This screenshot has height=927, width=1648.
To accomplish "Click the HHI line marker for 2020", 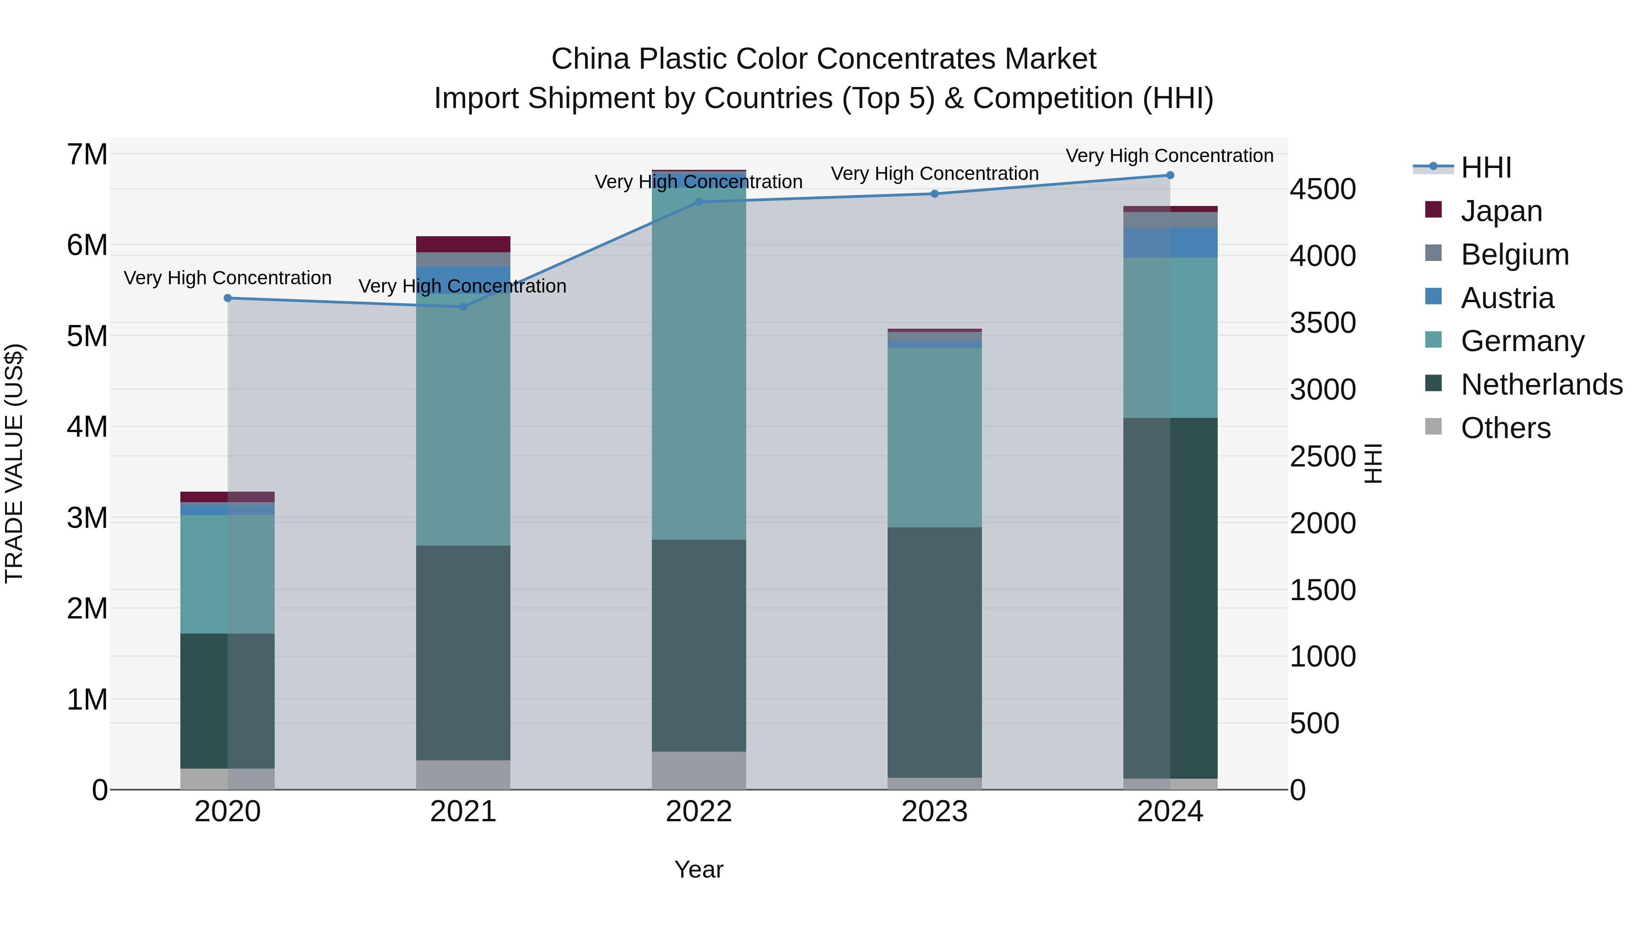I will [x=228, y=298].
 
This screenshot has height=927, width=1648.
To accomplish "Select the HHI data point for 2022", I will [x=699, y=202].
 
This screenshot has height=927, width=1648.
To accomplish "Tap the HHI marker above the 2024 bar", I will [x=1170, y=175].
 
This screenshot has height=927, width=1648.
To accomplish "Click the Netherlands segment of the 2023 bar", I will [x=935, y=652].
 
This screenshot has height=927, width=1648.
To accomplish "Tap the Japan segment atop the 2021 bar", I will [x=463, y=244].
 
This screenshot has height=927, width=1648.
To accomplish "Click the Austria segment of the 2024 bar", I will [x=1170, y=243].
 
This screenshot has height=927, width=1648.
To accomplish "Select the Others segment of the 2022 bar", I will [x=699, y=770].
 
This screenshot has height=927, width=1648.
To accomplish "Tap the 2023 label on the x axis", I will [x=935, y=812].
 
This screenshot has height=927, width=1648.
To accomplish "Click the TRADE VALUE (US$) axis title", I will [x=14, y=463].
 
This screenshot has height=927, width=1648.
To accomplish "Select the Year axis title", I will [x=699, y=869].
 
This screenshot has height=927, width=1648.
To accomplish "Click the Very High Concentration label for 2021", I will [x=462, y=286].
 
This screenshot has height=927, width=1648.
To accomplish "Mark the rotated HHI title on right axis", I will [x=1373, y=463].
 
